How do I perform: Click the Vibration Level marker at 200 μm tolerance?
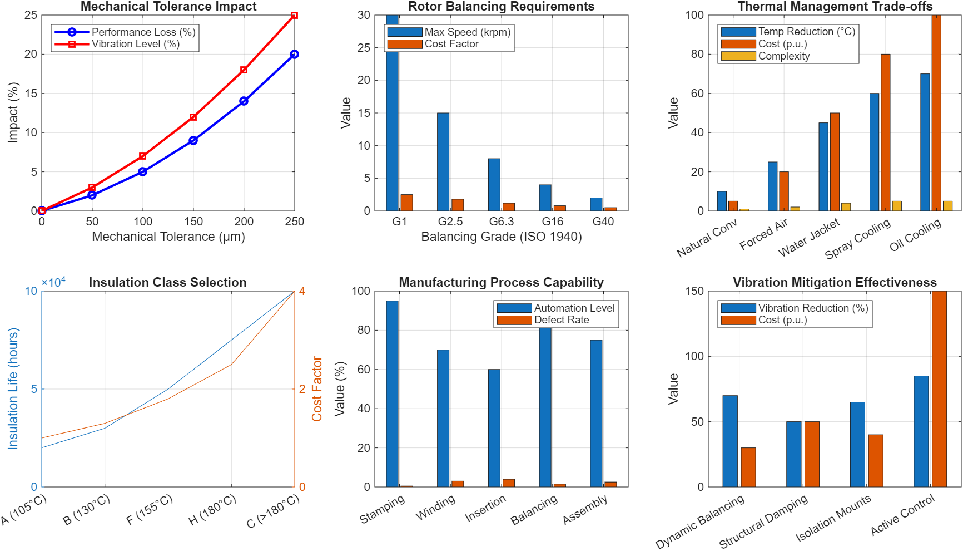coord(244,70)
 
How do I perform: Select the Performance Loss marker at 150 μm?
coord(193,141)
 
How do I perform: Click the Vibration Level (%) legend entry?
coord(135,44)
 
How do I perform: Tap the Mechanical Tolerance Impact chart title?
coord(168,7)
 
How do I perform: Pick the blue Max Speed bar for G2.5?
coord(443,162)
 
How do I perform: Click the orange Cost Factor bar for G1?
coord(406,203)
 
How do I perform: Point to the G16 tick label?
coord(552,222)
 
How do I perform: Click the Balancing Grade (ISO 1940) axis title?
coord(501,237)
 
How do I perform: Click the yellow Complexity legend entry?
coord(783,56)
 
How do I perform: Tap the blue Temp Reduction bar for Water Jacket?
coord(823,167)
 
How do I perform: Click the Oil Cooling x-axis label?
coord(915,235)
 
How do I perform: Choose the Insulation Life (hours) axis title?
coord(13,388)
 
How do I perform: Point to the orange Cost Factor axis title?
coord(317,388)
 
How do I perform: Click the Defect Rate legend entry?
coord(561,320)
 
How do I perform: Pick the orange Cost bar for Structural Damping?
coord(812,454)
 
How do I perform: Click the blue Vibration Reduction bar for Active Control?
coord(921,431)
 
